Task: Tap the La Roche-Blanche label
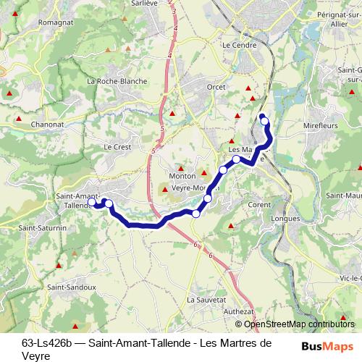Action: tap(117, 81)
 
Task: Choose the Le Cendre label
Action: tap(236, 44)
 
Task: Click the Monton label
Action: tap(179, 176)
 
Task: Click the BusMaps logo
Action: tap(328, 346)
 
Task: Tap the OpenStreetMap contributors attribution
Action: tap(300, 324)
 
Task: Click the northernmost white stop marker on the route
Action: tap(264, 121)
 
